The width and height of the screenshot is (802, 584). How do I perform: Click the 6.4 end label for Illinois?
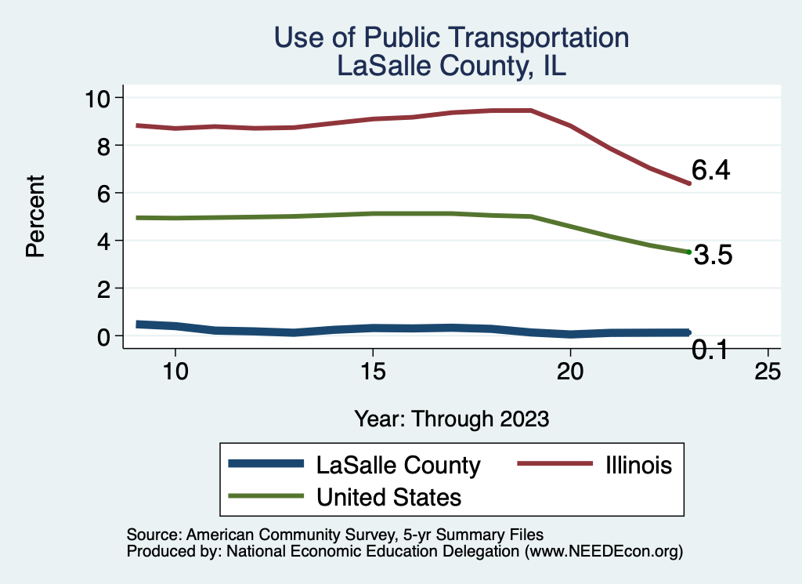tap(710, 171)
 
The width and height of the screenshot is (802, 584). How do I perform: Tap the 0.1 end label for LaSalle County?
tap(710, 350)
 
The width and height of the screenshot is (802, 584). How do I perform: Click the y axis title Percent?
tap(34, 217)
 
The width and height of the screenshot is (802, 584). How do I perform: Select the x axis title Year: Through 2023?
tap(451, 418)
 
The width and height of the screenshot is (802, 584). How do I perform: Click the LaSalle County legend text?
tap(398, 465)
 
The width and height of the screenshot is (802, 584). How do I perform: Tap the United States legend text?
tap(388, 497)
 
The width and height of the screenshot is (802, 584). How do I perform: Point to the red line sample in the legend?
tap(554, 464)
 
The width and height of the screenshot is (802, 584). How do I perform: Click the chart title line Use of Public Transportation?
tap(451, 38)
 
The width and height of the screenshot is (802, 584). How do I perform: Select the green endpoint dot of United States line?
tap(688, 252)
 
